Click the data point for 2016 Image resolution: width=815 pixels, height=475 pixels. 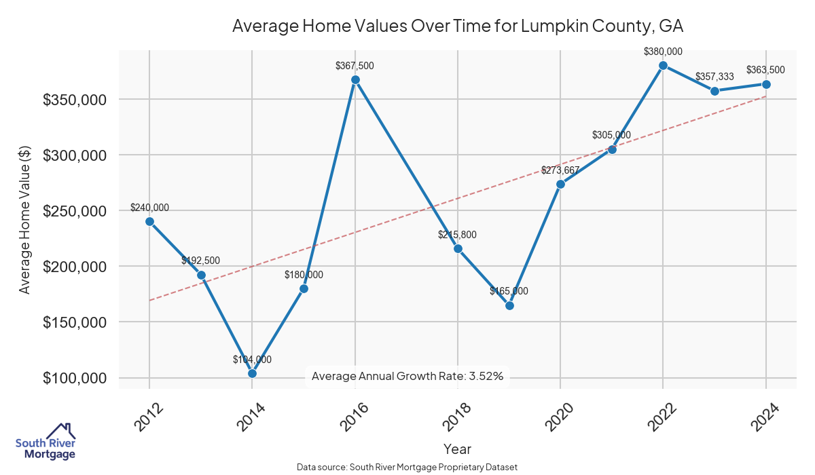tap(355, 80)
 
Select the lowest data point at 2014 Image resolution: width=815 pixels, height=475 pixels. tap(252, 373)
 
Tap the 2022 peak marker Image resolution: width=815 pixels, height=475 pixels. tap(664, 66)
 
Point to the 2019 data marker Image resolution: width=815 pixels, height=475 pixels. tap(509, 305)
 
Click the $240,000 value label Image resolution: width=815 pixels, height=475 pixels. tap(149, 208)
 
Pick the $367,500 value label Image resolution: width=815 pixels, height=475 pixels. tap(355, 66)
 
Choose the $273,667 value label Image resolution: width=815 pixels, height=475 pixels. tap(560, 170)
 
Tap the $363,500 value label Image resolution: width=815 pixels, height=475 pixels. tap(765, 70)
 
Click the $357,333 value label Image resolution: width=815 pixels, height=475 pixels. tap(714, 77)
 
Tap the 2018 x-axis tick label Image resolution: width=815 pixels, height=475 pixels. tap(456, 417)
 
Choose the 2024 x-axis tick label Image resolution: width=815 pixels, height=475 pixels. tap(765, 417)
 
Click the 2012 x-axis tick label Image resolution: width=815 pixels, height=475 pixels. tap(148, 417)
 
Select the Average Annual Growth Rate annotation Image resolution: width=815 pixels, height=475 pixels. tap(407, 376)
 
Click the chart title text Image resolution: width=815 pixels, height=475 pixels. tap(457, 26)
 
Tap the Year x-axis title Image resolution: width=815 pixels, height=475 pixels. tap(457, 449)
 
